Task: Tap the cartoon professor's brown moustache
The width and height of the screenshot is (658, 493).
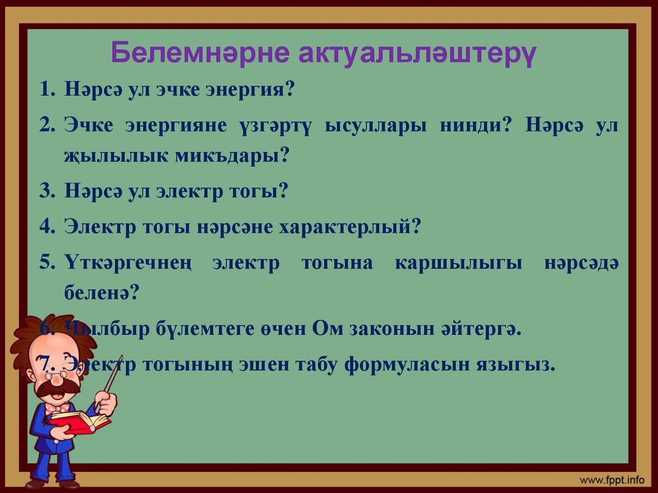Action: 57,387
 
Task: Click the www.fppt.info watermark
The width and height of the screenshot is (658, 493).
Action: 611,480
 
